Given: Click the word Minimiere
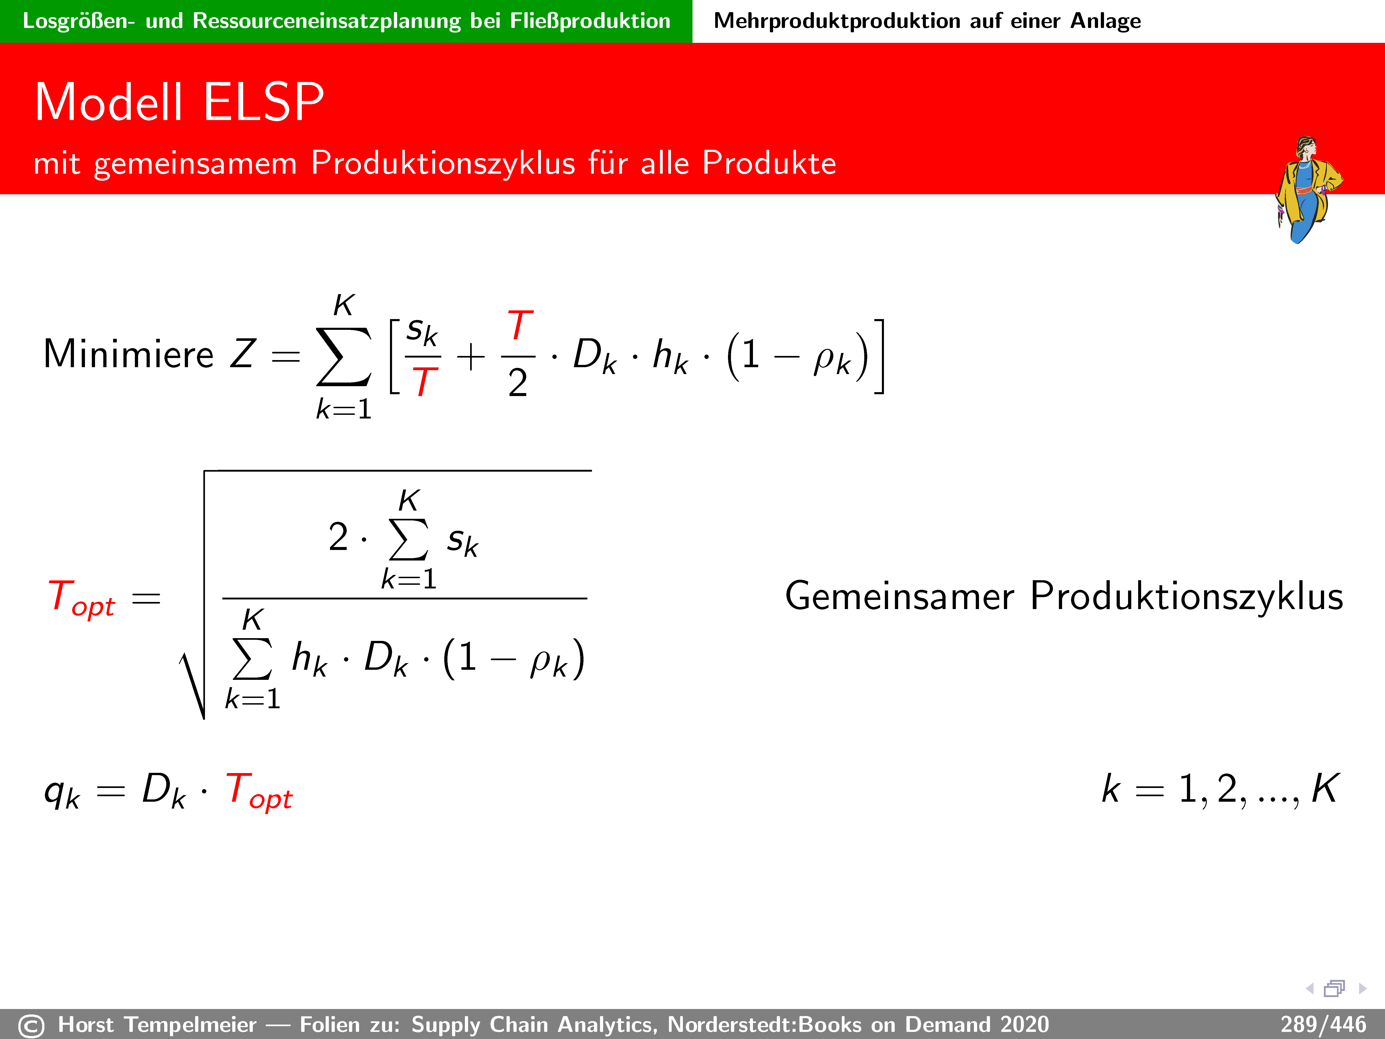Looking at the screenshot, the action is click(128, 355).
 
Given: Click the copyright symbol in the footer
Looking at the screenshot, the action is click(31, 1026).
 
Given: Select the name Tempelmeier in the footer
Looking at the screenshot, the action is click(190, 1025).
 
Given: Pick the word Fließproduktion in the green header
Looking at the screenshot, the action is click(590, 21).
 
